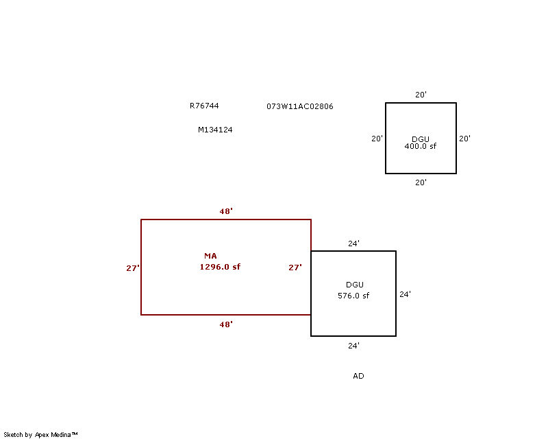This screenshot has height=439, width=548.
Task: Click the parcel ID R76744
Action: coord(204,106)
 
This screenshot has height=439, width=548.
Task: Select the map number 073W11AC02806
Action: coord(300,106)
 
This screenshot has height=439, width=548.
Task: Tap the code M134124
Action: coord(215,130)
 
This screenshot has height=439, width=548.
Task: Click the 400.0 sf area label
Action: coord(421,146)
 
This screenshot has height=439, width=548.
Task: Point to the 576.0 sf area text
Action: coord(353,296)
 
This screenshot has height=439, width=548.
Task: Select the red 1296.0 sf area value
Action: coord(220,267)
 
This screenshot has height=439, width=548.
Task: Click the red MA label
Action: coord(210,256)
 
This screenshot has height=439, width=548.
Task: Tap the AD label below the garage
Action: coord(358,376)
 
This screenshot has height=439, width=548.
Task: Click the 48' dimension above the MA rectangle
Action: coord(226,211)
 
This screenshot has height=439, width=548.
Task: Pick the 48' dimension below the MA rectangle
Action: coord(226,324)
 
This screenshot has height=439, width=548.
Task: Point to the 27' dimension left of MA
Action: coord(133,268)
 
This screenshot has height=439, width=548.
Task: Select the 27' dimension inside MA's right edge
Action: coord(295,268)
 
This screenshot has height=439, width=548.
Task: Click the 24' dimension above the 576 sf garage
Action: coord(353,244)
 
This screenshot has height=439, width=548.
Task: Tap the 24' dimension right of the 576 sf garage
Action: coord(405,294)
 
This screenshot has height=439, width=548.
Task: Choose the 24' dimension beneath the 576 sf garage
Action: coord(353,346)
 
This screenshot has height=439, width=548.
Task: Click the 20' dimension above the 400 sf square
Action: coord(421,95)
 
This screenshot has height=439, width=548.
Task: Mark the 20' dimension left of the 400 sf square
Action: coord(377,139)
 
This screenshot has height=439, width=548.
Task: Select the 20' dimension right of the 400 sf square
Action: coord(464,139)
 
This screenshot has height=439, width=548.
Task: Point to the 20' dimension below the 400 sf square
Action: coord(421,182)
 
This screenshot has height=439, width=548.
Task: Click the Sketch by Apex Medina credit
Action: coord(40,435)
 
